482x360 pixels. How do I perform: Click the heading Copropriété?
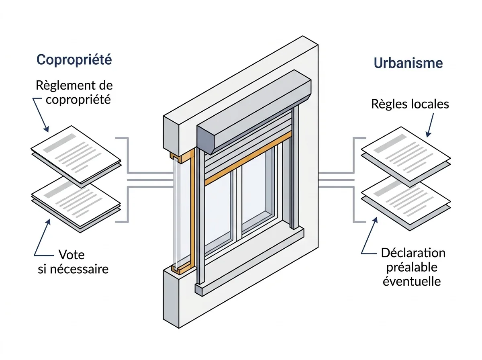coord(74,60)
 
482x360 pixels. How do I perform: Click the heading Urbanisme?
coord(408,63)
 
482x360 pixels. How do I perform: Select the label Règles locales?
coord(410,104)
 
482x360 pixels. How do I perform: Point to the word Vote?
coord(71,255)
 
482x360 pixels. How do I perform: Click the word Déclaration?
coord(413,253)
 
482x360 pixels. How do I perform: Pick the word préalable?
coord(412,268)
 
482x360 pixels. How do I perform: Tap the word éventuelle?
coord(412,281)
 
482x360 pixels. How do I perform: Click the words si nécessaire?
coord(73,269)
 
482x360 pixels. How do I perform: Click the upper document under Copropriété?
coord(76,156)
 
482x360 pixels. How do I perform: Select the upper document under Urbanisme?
coord(406,156)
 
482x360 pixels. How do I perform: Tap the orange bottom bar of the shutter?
coord(248,158)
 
